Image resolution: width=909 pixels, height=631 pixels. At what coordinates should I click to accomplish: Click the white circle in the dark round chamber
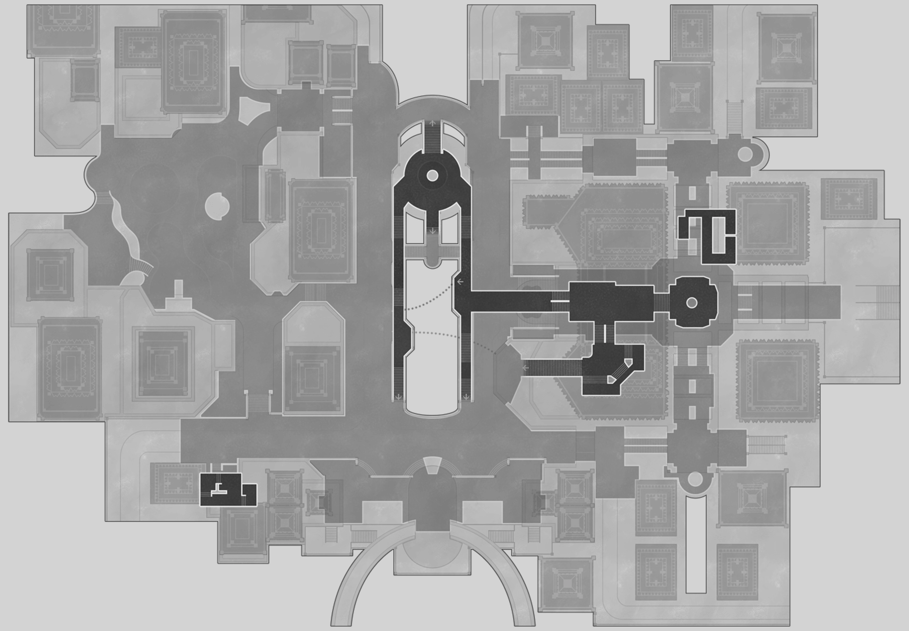(x=432, y=175)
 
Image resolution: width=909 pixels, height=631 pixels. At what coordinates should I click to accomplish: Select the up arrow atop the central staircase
(x=432, y=123)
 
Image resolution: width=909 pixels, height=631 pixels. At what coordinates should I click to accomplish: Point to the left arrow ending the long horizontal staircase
(x=525, y=368)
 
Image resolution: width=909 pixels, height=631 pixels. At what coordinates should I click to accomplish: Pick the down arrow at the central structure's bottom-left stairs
(x=398, y=397)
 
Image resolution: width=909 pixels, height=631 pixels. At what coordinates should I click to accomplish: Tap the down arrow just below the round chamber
(x=432, y=230)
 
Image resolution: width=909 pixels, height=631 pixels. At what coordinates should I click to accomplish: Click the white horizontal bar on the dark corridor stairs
(x=560, y=301)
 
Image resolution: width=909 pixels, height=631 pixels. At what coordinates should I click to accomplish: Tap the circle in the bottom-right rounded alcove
(x=695, y=479)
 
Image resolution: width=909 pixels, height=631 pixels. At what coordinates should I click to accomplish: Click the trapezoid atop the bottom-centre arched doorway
(x=432, y=465)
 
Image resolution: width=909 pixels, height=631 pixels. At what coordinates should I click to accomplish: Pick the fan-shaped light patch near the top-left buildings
(x=252, y=111)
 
